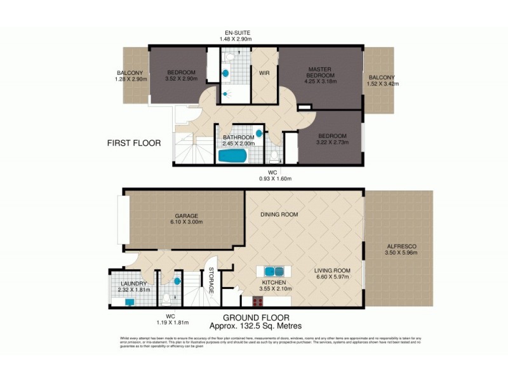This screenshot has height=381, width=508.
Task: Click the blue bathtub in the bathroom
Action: (x=233, y=156)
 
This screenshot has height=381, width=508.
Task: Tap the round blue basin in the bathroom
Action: (x=259, y=135)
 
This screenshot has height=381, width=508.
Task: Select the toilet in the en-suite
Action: (x=231, y=58)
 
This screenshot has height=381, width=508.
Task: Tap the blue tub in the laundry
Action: (x=130, y=302)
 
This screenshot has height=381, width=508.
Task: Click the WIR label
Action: (x=265, y=73)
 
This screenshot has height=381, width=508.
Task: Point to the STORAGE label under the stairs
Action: (x=211, y=280)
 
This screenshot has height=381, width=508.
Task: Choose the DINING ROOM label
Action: (x=279, y=215)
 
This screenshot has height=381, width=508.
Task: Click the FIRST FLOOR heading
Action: (x=133, y=144)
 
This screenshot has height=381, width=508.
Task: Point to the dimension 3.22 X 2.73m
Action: (x=332, y=144)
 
